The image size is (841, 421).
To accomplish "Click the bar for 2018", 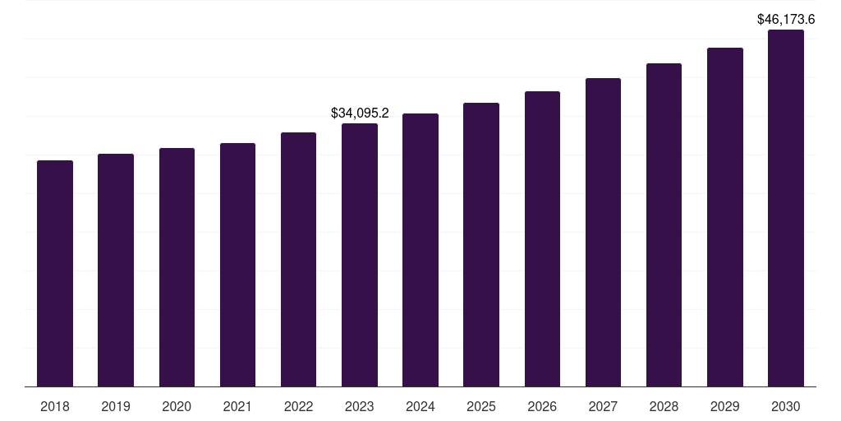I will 55,273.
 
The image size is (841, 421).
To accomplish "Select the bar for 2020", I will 177,267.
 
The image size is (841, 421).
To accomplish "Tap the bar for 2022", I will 298,259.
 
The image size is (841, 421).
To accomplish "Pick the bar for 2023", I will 360,255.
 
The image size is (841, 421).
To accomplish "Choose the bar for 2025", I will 481,244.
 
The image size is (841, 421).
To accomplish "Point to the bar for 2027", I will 603,232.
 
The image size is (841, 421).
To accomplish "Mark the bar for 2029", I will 724,217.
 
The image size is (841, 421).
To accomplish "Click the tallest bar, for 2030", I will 786,208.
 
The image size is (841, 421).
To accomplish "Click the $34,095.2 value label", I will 360,113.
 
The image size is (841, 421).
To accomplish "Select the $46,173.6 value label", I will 786,19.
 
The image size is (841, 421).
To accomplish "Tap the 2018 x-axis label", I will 55,406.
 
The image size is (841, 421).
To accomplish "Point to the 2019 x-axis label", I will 116,406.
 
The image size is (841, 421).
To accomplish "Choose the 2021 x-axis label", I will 237,406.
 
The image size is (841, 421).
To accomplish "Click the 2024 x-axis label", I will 420,406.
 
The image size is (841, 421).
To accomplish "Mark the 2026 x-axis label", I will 542,406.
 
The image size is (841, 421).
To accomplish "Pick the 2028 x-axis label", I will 664,406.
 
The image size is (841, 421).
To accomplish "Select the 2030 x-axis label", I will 786,406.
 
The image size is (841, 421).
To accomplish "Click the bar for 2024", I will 420,250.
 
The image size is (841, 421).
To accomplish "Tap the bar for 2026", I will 542,238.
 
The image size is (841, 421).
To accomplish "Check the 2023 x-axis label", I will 360,406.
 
